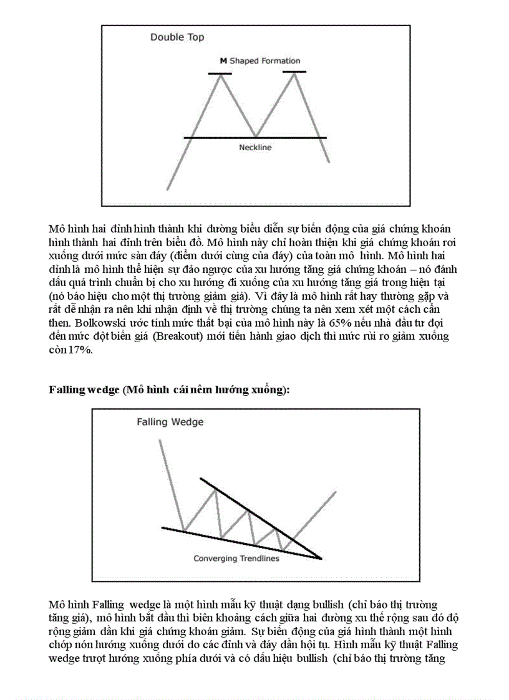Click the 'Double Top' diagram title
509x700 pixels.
tap(177, 37)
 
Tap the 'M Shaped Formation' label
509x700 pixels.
tap(260, 61)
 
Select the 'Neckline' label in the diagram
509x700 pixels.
tap(256, 148)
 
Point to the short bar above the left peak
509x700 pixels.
tap(220, 74)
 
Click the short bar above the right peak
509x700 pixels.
tap(294, 72)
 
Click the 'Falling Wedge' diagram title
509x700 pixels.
tap(170, 422)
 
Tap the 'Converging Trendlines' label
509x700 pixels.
tap(236, 559)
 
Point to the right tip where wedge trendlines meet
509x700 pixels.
tap(321, 558)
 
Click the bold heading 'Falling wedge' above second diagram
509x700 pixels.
tap(84, 390)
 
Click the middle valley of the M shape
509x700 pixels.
tap(256, 136)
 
